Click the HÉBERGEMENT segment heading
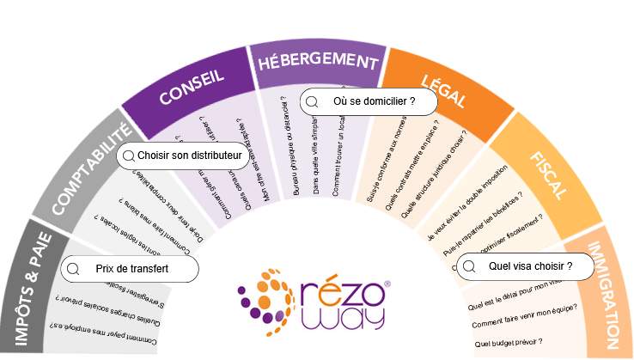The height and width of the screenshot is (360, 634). [x=314, y=63]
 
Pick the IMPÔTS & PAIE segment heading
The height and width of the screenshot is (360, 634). [x=32, y=288]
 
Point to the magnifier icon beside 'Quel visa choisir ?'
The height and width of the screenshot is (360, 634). [x=468, y=267]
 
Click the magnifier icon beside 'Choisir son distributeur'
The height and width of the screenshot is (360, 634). [x=129, y=156]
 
